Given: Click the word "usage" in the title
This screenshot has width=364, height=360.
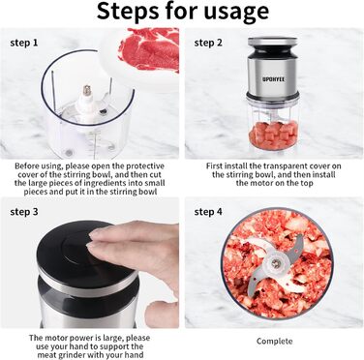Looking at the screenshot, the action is (x=236, y=12).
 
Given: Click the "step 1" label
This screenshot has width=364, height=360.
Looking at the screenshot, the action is (x=24, y=43).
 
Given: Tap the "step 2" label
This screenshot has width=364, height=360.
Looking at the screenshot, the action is (x=208, y=43).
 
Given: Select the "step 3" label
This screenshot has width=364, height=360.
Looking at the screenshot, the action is (x=24, y=212).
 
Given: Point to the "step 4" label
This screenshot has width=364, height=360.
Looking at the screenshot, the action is (x=208, y=212).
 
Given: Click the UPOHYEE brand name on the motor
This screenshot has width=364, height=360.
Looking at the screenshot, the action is (x=273, y=78).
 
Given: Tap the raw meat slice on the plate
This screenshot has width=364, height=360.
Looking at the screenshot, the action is (x=149, y=48).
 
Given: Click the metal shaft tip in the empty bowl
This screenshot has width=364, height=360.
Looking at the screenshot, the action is (x=86, y=90).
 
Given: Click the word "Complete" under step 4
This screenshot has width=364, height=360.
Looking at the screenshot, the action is (x=275, y=341).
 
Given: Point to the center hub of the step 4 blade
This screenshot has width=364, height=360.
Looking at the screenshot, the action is (x=275, y=263).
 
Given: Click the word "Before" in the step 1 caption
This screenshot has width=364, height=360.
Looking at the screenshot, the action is (x=27, y=166).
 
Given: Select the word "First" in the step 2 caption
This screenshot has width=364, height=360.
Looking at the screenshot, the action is (x=214, y=166).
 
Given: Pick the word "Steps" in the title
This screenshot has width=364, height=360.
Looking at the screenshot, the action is (x=129, y=12).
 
